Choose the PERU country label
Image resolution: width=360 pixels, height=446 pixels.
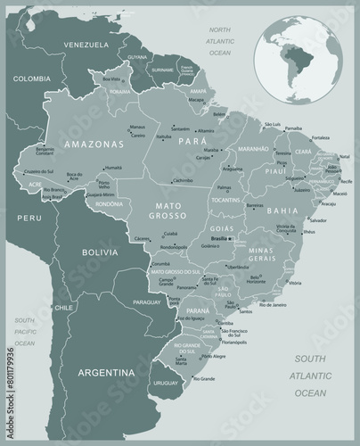31,217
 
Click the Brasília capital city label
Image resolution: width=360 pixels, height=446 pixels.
220,239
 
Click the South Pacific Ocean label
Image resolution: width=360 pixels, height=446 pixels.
23,331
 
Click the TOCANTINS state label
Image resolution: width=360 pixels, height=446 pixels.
227,200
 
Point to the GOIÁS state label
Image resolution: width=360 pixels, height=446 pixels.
221,228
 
